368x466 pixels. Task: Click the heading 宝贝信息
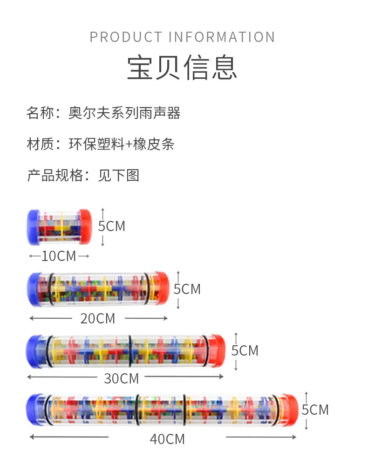coord(182,68)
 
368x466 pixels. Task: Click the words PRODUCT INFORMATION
coord(182,37)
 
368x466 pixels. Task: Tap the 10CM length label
coord(58,256)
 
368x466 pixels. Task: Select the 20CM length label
coord(97,319)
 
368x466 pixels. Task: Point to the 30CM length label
coord(121,378)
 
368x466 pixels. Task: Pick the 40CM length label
coord(167,439)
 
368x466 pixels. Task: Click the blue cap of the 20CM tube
coord(34,289)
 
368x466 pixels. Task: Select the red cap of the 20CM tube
coord(161,289)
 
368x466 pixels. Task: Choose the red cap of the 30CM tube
coord(217,350)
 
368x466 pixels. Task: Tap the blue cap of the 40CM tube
coord(34,410)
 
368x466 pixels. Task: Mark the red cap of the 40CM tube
coord(289,410)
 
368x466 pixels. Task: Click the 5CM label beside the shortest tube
coord(112,226)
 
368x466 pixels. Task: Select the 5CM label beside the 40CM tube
coord(315,410)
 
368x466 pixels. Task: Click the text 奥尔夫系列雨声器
coord(124,113)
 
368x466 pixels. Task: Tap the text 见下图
coord(119,175)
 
